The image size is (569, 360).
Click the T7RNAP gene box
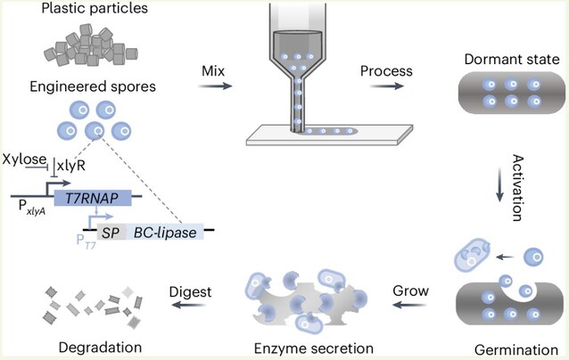pyautogui.click(x=93, y=198)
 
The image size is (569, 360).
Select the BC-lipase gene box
pyautogui.click(x=165, y=232)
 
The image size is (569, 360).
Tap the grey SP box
pyautogui.click(x=111, y=232)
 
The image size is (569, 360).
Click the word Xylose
pyautogui.click(x=24, y=160)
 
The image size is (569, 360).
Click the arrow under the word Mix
pyautogui.click(x=215, y=86)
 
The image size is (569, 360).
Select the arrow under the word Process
pyautogui.click(x=387, y=86)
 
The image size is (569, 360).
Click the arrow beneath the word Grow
pyautogui.click(x=410, y=305)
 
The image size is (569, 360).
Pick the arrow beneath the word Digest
pyautogui.click(x=189, y=305)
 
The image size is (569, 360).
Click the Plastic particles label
pyautogui.click(x=95, y=8)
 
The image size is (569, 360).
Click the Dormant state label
pyautogui.click(x=512, y=59)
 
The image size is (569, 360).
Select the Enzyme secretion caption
pyautogui.click(x=314, y=348)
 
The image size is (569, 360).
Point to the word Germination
pyautogui.click(x=516, y=350)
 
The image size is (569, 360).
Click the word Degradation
pyautogui.click(x=100, y=348)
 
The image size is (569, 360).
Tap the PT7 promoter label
pyautogui.click(x=86, y=241)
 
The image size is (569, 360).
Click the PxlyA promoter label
pyautogui.click(x=32, y=209)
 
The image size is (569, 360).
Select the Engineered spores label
pyautogui.click(x=93, y=86)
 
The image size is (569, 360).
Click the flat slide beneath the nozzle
pyautogui.click(x=329, y=135)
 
